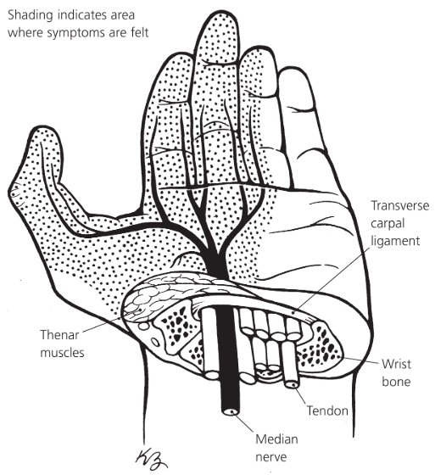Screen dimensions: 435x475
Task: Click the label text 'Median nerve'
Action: pyautogui.click(x=276, y=448)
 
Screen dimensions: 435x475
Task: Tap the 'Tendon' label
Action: pyautogui.click(x=327, y=411)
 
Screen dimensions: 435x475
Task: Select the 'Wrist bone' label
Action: pyautogui.click(x=396, y=372)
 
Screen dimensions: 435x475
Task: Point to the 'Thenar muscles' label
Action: pyautogui.click(x=62, y=344)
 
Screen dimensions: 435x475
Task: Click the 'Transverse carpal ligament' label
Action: pyautogui.click(x=400, y=224)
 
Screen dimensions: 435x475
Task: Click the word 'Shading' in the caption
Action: pyautogui.click(x=30, y=15)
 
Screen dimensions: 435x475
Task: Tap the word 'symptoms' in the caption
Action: pyautogui.click(x=76, y=33)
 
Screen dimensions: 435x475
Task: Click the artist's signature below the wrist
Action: pyautogui.click(x=151, y=460)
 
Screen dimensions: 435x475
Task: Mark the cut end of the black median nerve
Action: pyautogui.click(x=231, y=411)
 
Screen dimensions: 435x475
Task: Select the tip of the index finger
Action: pyautogui.click(x=178, y=56)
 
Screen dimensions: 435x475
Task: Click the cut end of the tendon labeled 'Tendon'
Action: pyautogui.click(x=293, y=384)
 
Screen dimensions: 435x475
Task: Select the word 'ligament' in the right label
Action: pyautogui.click(x=395, y=242)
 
